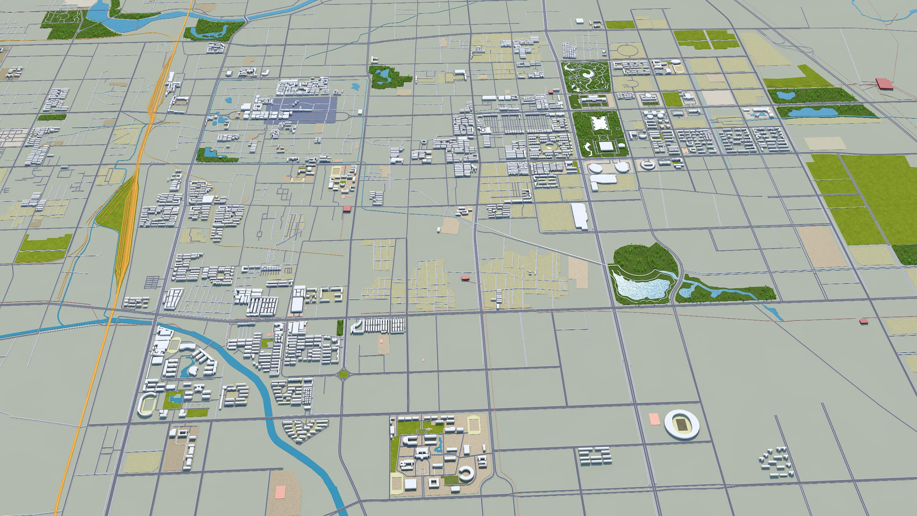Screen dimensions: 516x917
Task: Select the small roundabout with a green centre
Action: [343, 374]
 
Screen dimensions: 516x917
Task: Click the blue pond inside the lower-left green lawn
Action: [175, 398]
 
